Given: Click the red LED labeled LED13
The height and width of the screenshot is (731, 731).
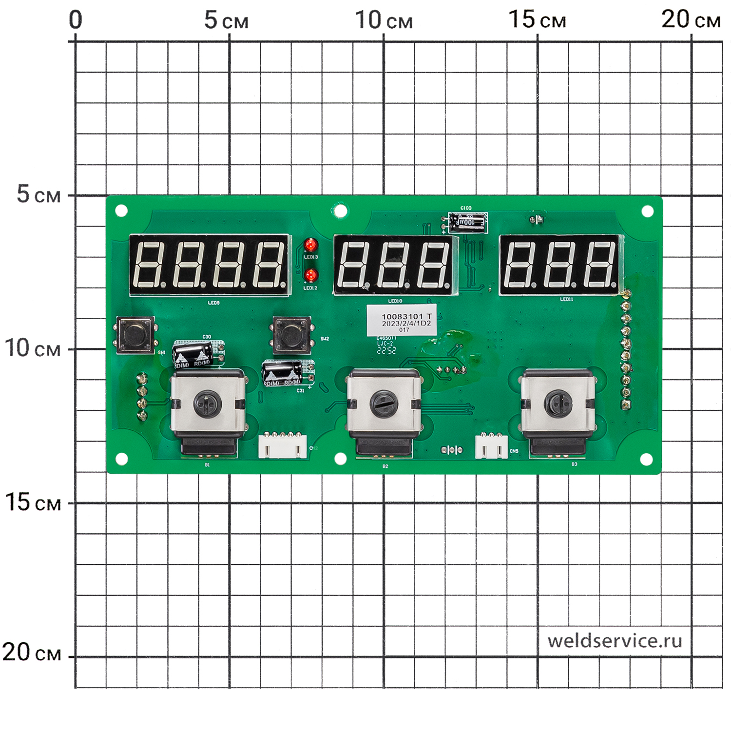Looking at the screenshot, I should tap(310, 245).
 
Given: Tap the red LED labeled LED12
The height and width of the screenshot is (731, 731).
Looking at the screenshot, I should tap(310, 276).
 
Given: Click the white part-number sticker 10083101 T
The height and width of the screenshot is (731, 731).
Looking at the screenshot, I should tap(402, 321).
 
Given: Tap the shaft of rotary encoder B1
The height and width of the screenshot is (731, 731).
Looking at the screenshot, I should tap(207, 404).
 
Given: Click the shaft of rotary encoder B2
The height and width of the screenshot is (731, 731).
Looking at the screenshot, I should tap(384, 404).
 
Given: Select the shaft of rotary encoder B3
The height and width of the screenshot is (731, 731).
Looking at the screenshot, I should tap(558, 403).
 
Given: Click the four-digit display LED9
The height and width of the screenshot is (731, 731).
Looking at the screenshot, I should tap(210, 265).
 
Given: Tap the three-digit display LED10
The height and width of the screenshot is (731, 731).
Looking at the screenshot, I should tap(395, 265).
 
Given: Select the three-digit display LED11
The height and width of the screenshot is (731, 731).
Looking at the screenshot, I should tap(560, 265).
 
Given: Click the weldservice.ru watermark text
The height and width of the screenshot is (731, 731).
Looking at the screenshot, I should tap(615, 641).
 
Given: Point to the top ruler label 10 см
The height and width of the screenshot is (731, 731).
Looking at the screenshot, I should tap(384, 20).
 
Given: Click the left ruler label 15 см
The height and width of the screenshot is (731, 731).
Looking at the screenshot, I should tap(33, 502).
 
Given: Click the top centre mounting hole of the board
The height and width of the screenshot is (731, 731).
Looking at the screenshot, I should tap(341, 211).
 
